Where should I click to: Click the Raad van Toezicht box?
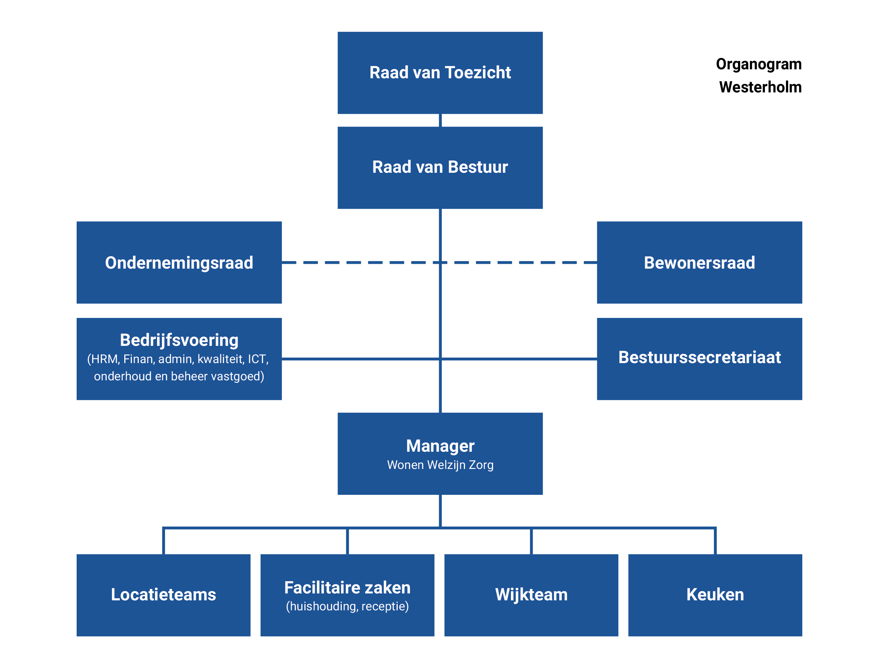(440, 73)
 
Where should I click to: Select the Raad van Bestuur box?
(440, 168)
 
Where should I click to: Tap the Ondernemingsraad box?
(179, 262)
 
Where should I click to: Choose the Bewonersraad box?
(699, 262)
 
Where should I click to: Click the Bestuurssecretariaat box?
(699, 359)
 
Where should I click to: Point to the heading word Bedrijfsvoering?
(179, 341)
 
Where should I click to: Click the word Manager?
(440, 446)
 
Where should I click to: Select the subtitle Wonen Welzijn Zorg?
(440, 465)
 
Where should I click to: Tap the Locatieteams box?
(164, 596)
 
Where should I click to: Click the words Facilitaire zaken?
(347, 588)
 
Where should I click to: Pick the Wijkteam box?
(531, 596)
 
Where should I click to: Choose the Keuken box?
(715, 596)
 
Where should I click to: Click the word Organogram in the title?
(759, 64)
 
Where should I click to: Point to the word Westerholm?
(761, 87)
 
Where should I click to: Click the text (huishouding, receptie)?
(347, 607)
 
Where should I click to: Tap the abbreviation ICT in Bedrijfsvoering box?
(258, 359)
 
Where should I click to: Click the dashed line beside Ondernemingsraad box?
(439, 262)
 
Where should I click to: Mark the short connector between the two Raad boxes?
(440, 120)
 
